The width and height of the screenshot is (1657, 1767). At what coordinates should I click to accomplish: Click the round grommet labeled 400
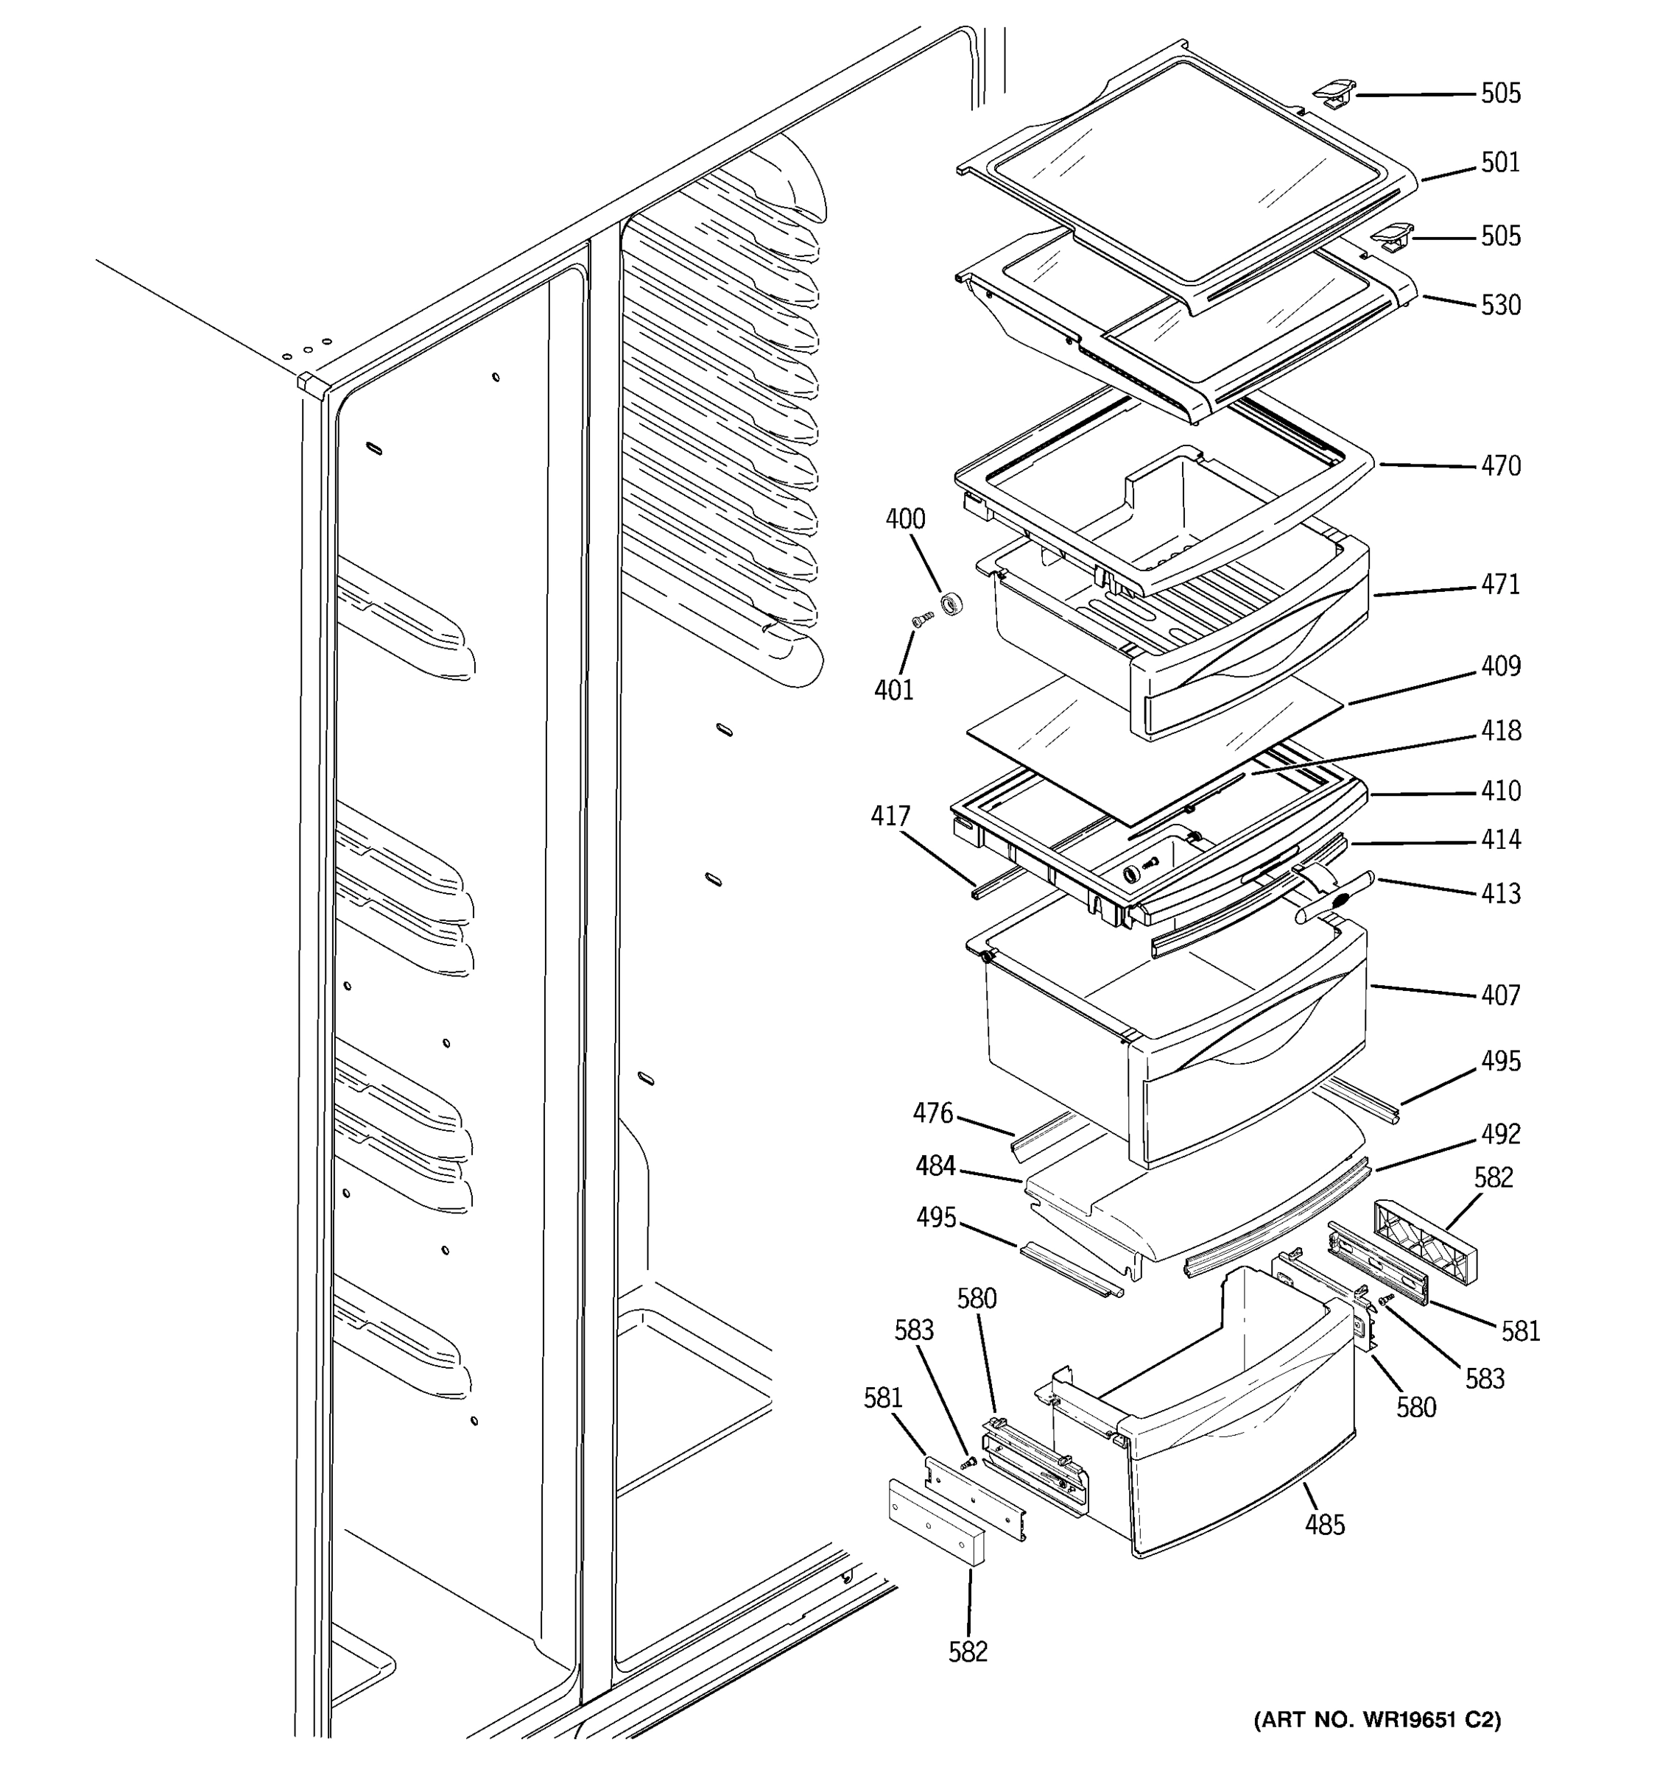pos(952,604)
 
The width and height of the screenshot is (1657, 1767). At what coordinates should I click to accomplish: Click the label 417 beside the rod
pos(890,816)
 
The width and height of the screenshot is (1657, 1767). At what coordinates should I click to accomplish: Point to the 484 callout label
pos(935,1166)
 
